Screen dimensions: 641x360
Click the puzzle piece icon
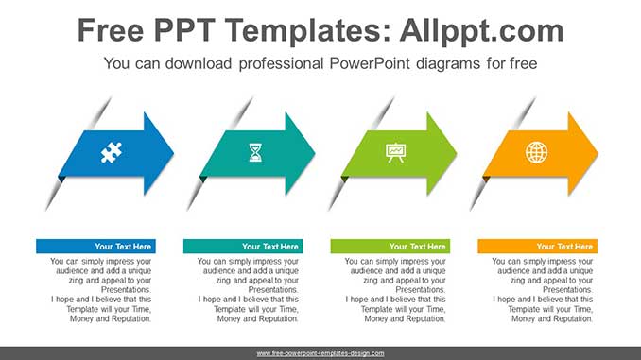click(x=112, y=153)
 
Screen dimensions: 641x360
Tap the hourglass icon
click(x=255, y=152)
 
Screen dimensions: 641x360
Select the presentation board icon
click(x=396, y=152)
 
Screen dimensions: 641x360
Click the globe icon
click(x=536, y=152)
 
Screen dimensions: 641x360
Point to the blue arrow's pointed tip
click(x=173, y=154)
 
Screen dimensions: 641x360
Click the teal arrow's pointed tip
click(x=315, y=154)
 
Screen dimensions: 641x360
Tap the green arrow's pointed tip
click(x=457, y=154)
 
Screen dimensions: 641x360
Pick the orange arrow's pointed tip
click(x=598, y=154)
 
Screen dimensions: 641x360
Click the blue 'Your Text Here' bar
click(x=95, y=247)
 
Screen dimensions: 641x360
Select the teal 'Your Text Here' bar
click(x=243, y=247)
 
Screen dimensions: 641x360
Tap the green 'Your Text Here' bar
click(x=390, y=247)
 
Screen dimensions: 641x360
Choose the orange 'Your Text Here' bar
click(x=537, y=247)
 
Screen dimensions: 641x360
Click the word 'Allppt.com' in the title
click(x=481, y=31)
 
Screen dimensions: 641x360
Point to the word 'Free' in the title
click(x=111, y=30)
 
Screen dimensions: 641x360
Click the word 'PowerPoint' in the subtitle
click(x=369, y=63)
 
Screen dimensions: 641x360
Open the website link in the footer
click(x=320, y=353)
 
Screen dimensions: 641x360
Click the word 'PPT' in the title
click(x=184, y=30)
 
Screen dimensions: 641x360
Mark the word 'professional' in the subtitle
click(x=281, y=63)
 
